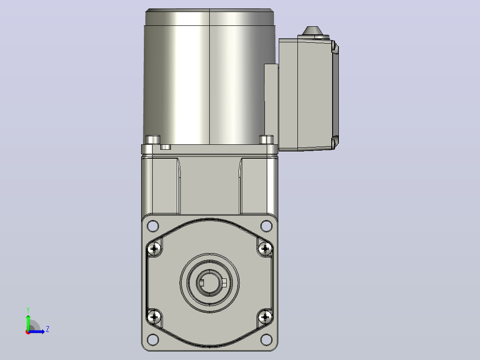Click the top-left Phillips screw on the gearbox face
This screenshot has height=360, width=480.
(x=154, y=249)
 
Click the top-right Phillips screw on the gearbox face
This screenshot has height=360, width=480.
(x=265, y=249)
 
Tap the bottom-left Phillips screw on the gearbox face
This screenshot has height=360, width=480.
(x=154, y=317)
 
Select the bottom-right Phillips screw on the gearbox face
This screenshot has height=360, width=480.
(x=265, y=317)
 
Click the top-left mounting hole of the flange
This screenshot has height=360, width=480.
(x=153, y=226)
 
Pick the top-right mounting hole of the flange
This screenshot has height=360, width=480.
(x=266, y=226)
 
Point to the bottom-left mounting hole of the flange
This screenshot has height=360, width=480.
(x=153, y=340)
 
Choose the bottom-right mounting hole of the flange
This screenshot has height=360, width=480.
(x=266, y=340)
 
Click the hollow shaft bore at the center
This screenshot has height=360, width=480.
(x=209, y=283)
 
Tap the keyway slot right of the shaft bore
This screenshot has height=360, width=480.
(x=224, y=282)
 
